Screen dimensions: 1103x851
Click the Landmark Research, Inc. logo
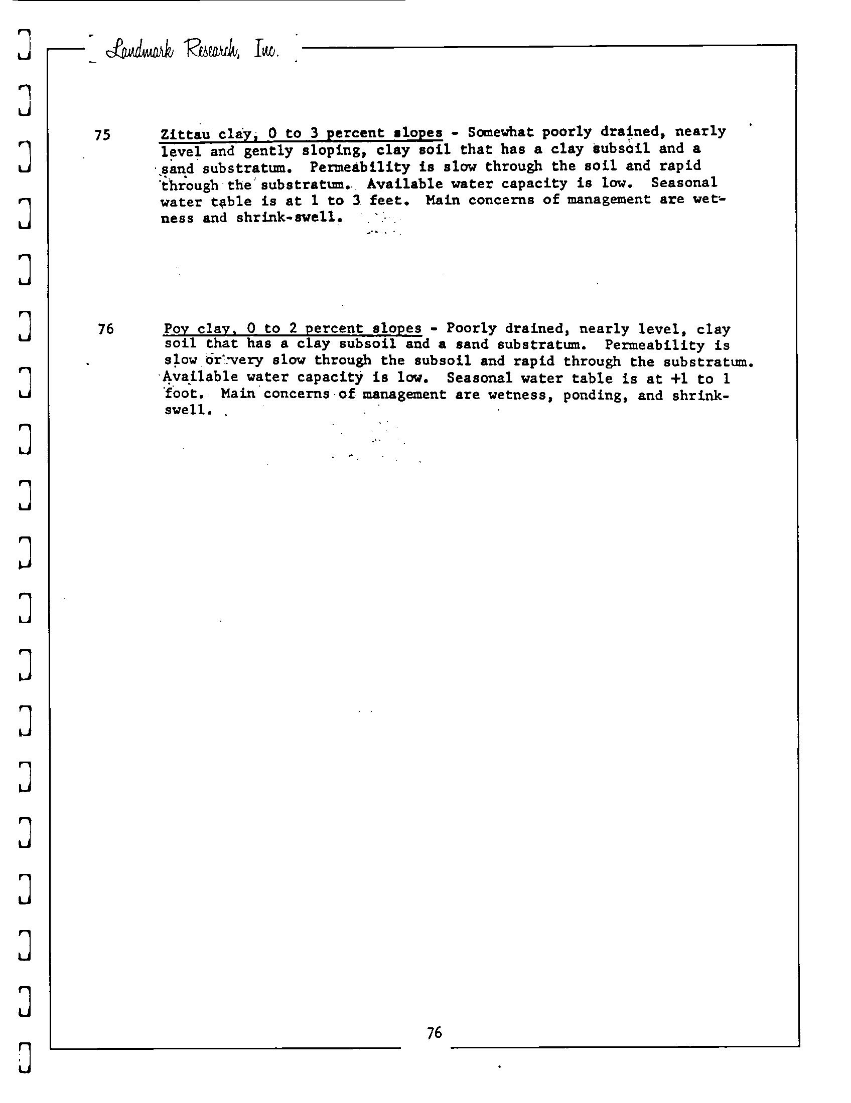192,51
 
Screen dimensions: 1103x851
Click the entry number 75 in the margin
102,135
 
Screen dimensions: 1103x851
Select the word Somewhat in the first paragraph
500,132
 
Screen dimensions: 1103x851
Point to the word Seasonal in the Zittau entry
684,182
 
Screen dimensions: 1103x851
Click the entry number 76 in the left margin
105,329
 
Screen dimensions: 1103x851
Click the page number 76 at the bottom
434,1033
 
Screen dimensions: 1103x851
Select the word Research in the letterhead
215,50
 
